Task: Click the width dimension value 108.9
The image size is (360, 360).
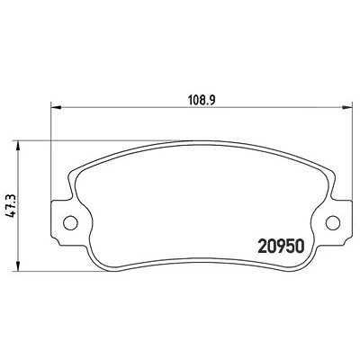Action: click(202, 100)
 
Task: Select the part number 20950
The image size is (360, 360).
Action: click(281, 247)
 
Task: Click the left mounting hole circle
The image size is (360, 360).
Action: click(70, 223)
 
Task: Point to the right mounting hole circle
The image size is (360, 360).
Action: click(333, 223)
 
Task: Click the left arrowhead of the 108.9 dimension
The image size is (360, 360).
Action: click(56, 107)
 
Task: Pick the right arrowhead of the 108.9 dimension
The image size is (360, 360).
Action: click(347, 107)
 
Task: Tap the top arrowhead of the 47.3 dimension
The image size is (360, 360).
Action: click(18, 146)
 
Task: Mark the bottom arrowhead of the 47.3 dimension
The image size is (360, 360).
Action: click(18, 266)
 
